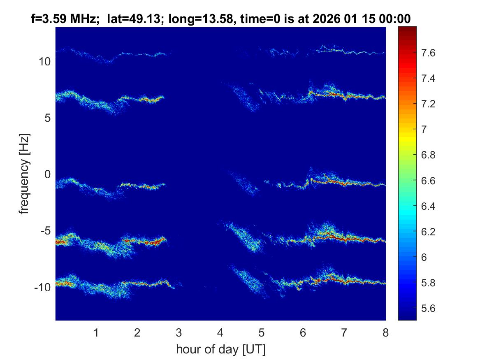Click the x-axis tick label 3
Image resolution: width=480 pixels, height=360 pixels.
[x=179, y=333]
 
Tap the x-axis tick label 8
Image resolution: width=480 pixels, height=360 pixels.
[x=385, y=333]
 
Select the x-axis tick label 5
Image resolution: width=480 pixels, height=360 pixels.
[x=261, y=333]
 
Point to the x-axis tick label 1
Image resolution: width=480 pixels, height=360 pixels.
[x=96, y=333]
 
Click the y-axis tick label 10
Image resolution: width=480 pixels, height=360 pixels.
[x=44, y=62]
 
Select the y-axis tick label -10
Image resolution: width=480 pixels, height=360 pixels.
[x=42, y=287]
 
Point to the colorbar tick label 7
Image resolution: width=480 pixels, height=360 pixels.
[x=424, y=130]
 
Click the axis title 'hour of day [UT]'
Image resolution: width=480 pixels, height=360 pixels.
[x=220, y=350]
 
